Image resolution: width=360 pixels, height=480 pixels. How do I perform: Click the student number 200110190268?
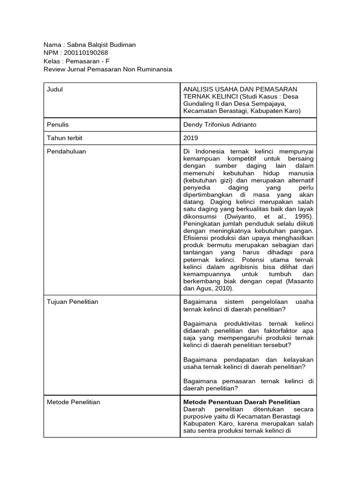click(x=85, y=53)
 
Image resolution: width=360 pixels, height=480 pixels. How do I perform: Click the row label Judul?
click(x=55, y=90)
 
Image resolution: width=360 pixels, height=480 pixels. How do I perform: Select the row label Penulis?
click(x=58, y=125)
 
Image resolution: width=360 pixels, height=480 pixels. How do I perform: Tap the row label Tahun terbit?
click(x=65, y=138)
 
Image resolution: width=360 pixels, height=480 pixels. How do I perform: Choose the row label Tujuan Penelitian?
click(x=73, y=302)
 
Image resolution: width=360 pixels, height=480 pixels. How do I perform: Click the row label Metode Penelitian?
click(x=73, y=402)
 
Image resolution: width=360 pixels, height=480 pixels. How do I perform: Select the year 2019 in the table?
click(x=191, y=138)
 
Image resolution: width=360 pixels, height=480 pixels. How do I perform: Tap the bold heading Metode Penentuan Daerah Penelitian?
click(x=241, y=402)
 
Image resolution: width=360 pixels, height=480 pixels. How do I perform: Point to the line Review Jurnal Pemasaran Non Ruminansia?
click(x=107, y=69)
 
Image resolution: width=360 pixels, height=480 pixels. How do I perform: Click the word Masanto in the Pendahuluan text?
click(x=301, y=281)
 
